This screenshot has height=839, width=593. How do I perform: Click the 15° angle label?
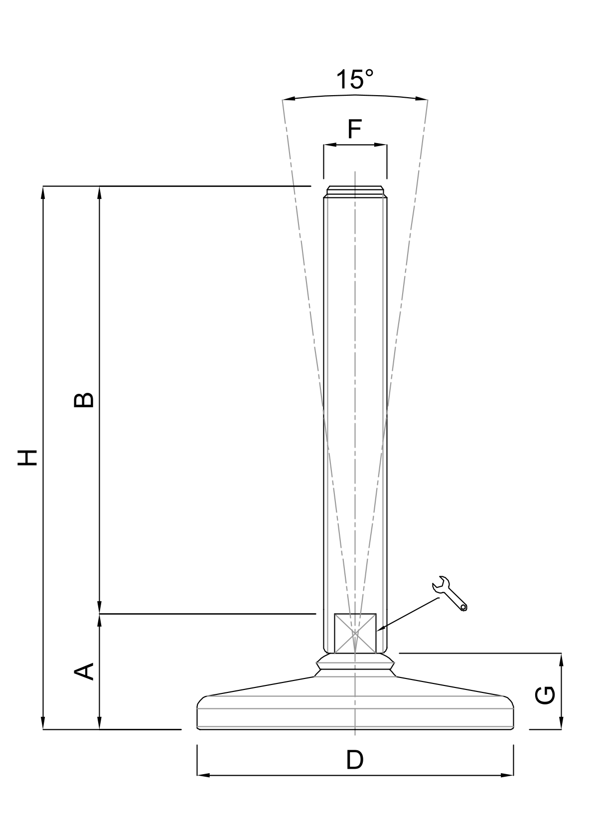[x=354, y=79]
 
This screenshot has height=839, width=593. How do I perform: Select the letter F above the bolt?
[x=354, y=129]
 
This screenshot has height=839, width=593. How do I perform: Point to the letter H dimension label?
[x=28, y=457]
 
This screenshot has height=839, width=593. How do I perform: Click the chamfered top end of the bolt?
[x=355, y=191]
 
